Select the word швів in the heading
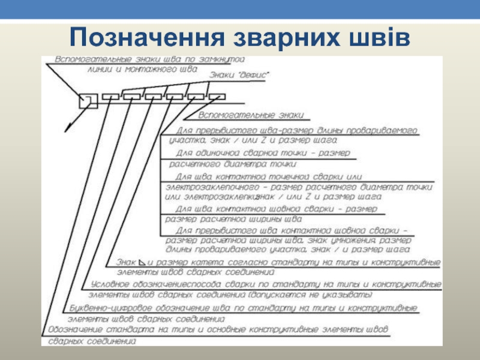click(376, 37)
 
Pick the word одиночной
click(229, 153)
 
